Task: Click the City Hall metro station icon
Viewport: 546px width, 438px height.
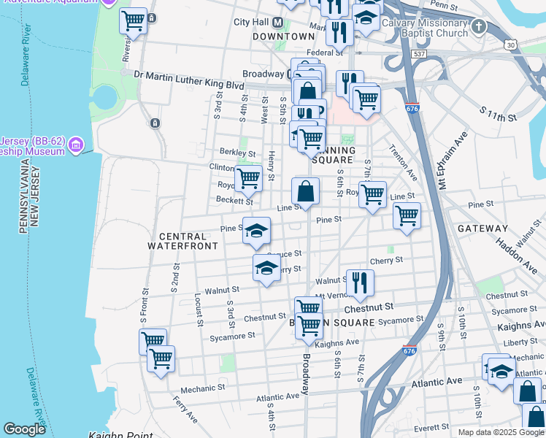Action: [277, 22]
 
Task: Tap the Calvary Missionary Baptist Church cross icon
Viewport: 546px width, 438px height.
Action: [478, 27]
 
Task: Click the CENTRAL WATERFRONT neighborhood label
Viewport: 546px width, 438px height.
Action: [182, 241]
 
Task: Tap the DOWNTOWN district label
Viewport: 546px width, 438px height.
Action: [283, 36]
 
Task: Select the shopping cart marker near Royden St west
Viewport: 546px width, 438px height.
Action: [248, 177]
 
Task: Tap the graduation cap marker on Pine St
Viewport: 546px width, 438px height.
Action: [255, 231]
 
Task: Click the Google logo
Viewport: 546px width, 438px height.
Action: [24, 429]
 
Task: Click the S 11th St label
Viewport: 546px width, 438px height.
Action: [499, 116]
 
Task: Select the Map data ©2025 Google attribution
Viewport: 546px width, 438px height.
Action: [501, 432]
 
